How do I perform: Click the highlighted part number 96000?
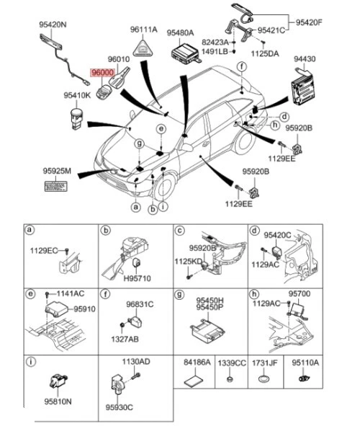pos(102,73)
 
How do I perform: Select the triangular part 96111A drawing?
pos(143,49)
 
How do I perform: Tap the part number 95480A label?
pos(180,33)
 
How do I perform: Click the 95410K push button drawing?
pos(76,119)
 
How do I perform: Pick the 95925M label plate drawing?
pos(56,187)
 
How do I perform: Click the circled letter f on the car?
pos(242,66)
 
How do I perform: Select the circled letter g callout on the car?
pos(140,143)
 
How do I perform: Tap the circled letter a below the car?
pos(135,208)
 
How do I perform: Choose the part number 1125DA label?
pos(264,53)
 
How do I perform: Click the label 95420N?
pos(53,25)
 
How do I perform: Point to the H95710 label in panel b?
pos(137,278)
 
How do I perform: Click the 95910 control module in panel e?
pos(56,310)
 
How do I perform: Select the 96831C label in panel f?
pos(140,304)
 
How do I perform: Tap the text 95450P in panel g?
pos(210,307)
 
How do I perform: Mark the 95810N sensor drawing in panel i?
pos(58,381)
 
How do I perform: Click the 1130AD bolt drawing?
pos(136,376)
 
